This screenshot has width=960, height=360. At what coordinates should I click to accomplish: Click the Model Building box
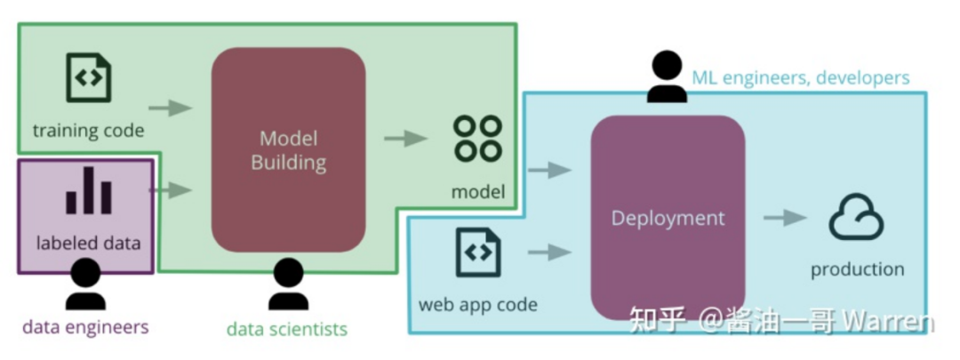click(288, 150)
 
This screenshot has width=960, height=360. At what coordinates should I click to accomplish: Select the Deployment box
click(668, 218)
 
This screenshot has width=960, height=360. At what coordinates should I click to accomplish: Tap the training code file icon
click(89, 77)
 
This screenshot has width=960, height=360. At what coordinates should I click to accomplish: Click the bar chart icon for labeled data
click(89, 190)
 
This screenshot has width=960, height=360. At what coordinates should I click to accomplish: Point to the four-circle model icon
click(477, 139)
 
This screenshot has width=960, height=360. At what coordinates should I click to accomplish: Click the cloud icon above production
click(857, 217)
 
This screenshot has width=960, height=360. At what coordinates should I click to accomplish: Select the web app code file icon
click(478, 252)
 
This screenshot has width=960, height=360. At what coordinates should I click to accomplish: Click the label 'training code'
click(89, 131)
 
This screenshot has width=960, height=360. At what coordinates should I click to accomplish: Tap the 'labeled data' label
click(89, 243)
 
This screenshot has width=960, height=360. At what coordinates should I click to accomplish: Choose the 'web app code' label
click(478, 304)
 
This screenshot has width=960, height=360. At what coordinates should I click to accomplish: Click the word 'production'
click(857, 269)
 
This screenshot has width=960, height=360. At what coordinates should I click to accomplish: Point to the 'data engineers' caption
click(85, 327)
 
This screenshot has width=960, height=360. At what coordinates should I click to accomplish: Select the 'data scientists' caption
click(287, 329)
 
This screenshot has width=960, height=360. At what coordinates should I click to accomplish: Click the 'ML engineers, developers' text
click(801, 77)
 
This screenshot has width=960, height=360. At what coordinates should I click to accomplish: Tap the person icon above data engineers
click(85, 284)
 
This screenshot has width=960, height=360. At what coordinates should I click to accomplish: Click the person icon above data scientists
click(288, 284)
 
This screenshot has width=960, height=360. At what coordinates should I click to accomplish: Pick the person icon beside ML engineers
click(667, 76)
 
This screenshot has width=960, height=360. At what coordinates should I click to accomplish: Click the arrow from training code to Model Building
click(170, 108)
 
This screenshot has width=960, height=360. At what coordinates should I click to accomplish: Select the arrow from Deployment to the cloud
click(786, 218)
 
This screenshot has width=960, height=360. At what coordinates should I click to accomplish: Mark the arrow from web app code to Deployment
click(550, 252)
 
